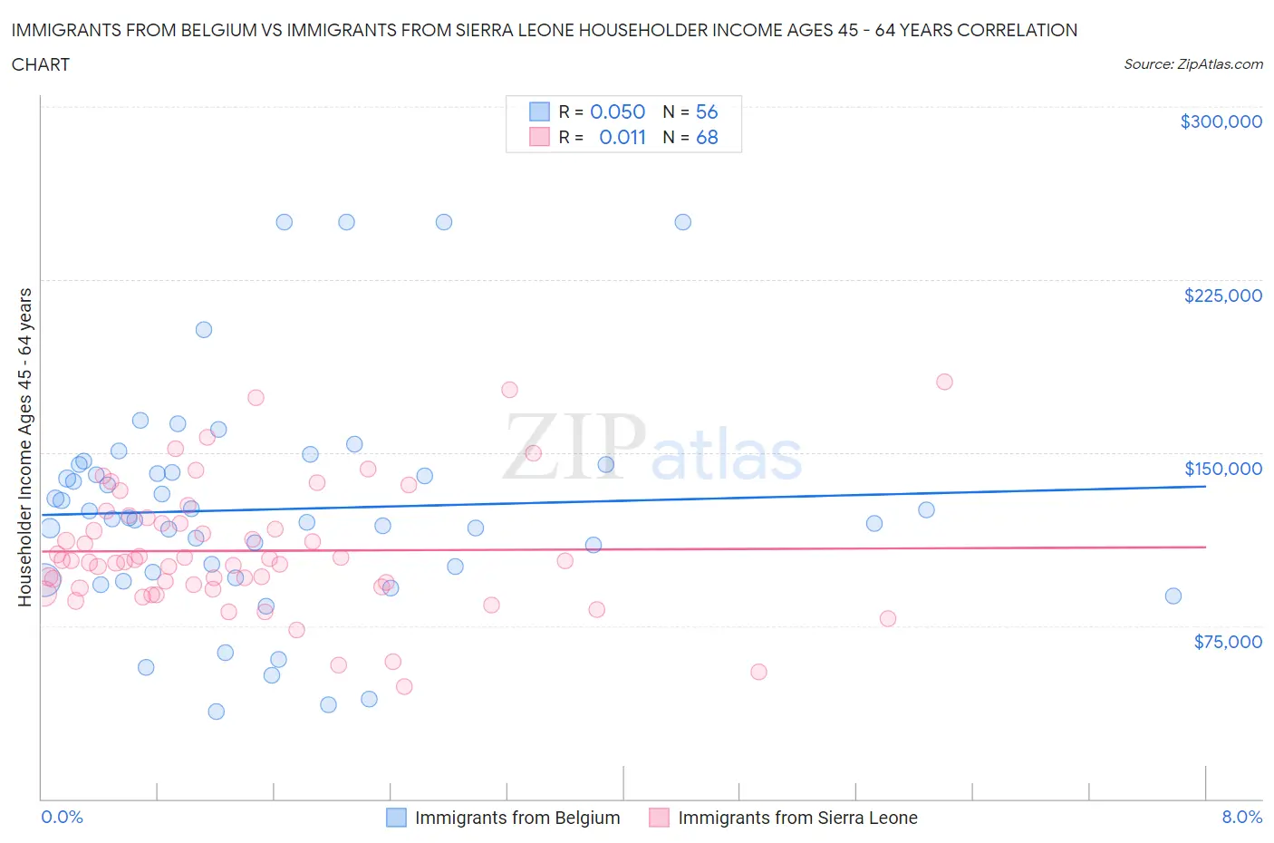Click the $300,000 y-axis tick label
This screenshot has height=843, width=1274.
[x=1221, y=121]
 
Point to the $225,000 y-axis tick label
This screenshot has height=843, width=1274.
[x=1222, y=296]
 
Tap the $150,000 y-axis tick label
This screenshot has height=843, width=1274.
[x=1222, y=469]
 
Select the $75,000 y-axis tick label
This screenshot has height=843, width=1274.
[x=1227, y=642]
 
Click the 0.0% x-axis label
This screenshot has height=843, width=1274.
[x=62, y=817]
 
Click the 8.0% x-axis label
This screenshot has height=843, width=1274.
[x=1241, y=817]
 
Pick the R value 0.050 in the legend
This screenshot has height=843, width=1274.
[x=617, y=111]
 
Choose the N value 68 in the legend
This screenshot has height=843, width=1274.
[x=707, y=137]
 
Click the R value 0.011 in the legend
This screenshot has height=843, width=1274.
[x=623, y=137]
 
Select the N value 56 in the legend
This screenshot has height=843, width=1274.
[x=707, y=111]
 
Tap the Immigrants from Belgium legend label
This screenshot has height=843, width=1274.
[x=516, y=818]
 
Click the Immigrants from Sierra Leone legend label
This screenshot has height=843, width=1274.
[x=796, y=818]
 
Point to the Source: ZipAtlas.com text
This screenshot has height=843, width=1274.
[x=1192, y=64]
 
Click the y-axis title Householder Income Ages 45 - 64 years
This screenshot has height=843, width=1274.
[x=25, y=447]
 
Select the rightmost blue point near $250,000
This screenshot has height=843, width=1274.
[x=683, y=222]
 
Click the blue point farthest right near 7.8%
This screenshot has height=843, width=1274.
[x=1173, y=596]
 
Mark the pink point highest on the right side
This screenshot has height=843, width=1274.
[x=944, y=382]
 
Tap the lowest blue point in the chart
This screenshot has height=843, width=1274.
[x=216, y=712]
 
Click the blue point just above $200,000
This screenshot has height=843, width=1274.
[x=204, y=330]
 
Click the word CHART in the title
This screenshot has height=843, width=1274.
[x=41, y=64]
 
